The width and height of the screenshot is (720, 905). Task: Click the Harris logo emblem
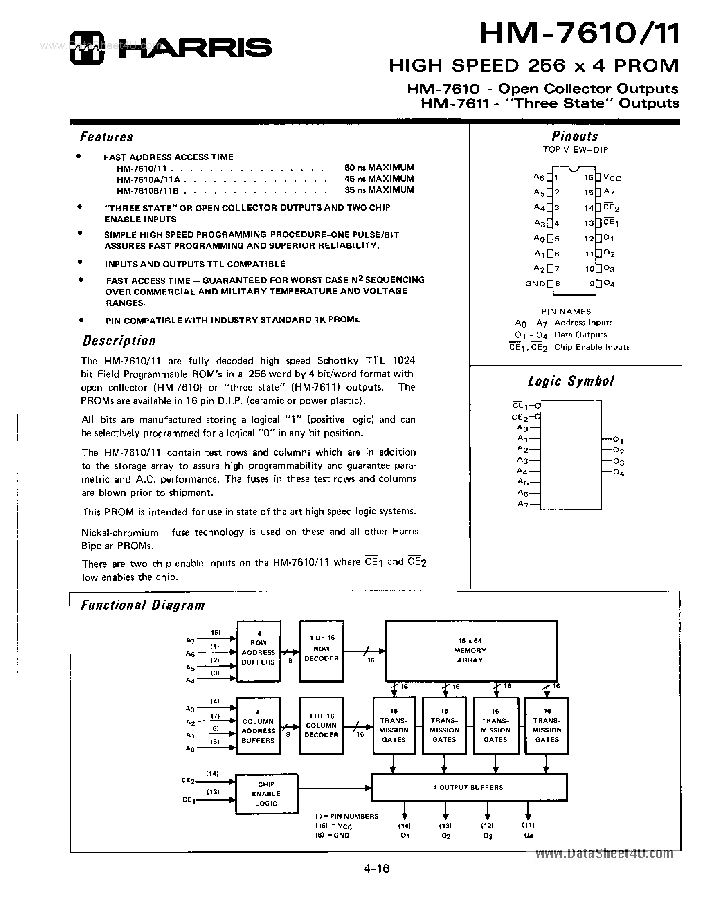[86, 48]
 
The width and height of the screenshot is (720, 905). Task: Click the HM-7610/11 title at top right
[579, 34]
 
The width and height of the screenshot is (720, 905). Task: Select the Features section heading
[107, 137]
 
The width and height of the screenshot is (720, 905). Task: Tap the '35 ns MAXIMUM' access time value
[379, 190]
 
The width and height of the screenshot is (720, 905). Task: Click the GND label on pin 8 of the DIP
[535, 284]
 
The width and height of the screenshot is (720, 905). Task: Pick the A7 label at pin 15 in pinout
[609, 192]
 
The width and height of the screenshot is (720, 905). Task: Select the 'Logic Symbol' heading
[571, 381]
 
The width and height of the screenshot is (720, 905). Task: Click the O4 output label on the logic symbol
[619, 473]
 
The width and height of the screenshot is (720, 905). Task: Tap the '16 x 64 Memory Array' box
[471, 651]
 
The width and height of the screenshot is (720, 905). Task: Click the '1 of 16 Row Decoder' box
[322, 651]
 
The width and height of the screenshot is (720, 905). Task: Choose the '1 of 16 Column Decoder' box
[321, 725]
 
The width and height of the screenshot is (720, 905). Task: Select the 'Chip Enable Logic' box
[267, 794]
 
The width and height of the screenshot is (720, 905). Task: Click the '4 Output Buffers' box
[469, 788]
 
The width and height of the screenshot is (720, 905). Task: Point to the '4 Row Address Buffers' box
[259, 651]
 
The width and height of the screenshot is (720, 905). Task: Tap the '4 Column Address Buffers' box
[258, 726]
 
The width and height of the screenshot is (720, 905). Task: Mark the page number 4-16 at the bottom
[377, 869]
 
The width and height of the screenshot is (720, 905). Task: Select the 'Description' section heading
[119, 340]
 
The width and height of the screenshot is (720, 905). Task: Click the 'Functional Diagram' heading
[143, 605]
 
